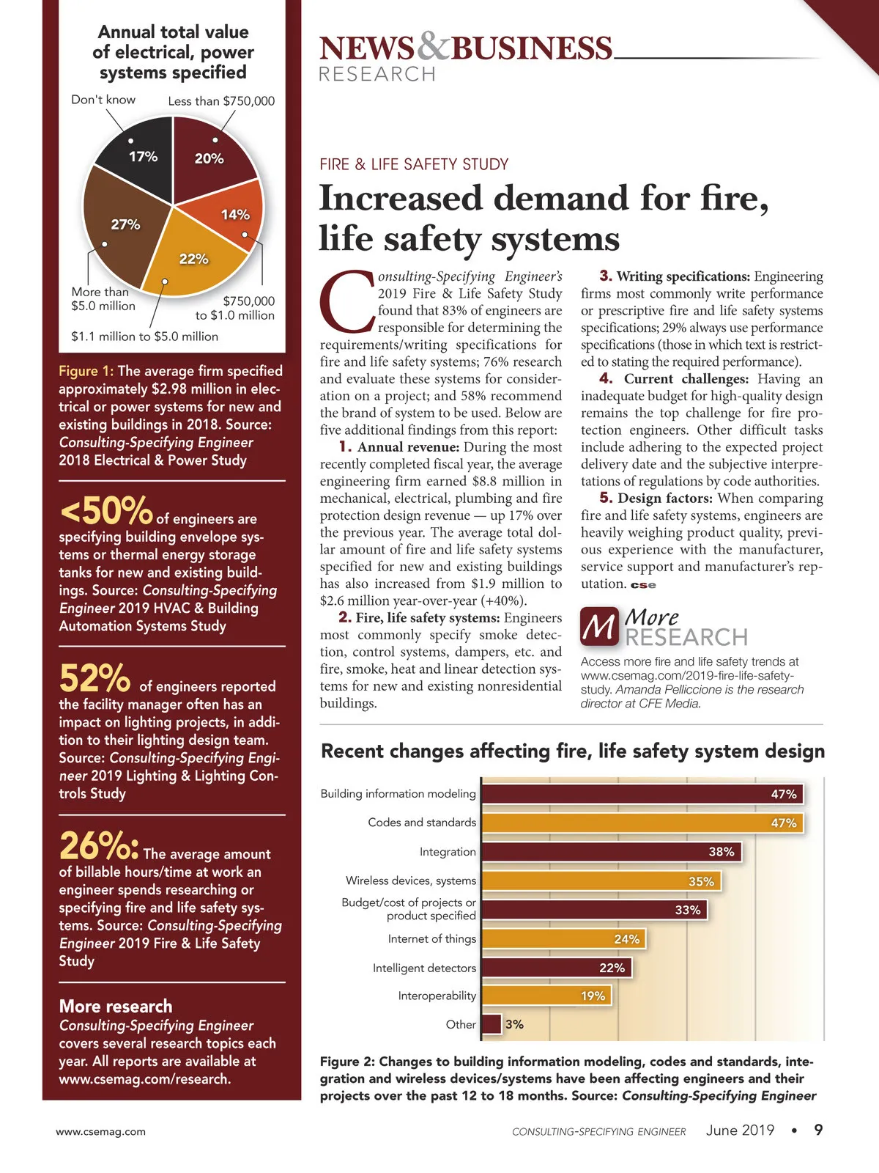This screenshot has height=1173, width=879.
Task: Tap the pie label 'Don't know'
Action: [x=103, y=100]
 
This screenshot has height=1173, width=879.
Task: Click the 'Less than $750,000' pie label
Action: [x=221, y=101]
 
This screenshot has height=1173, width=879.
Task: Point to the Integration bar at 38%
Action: [x=612, y=851]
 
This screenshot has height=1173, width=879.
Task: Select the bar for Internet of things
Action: [x=563, y=938]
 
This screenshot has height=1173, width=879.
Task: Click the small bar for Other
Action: [x=492, y=1024]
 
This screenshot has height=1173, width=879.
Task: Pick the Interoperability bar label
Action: [x=437, y=996]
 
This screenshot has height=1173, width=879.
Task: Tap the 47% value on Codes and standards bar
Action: [x=783, y=823]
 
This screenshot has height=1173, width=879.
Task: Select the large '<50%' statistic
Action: [x=105, y=510]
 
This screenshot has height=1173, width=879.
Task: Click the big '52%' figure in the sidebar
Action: [x=94, y=678]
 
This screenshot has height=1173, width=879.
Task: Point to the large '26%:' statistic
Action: [x=99, y=846]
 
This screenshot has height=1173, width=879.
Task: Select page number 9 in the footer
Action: [x=818, y=1130]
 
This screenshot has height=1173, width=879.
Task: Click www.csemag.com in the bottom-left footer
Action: [x=100, y=1131]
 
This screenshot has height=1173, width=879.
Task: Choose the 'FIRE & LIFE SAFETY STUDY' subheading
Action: [x=414, y=164]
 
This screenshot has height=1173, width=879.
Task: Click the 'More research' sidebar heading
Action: [x=116, y=1006]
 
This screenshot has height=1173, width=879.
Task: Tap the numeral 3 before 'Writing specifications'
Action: [x=605, y=276]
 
